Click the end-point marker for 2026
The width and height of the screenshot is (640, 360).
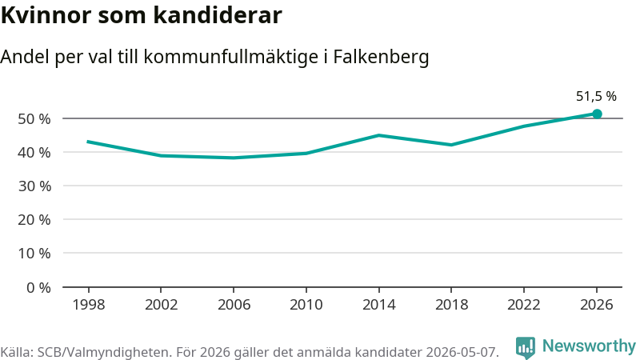click(597, 114)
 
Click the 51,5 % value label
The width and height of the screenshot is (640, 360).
click(596, 96)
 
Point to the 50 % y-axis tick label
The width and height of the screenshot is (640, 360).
click(34, 118)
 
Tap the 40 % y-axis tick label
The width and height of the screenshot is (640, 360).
click(34, 153)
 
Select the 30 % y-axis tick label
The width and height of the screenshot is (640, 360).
click(34, 186)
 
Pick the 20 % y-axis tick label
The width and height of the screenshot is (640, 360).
click(34, 220)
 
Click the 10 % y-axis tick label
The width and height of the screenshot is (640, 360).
click(34, 254)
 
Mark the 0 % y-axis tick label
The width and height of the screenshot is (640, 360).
click(38, 288)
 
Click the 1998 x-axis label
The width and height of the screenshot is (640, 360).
click(89, 305)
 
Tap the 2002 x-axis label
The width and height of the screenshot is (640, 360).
click(162, 305)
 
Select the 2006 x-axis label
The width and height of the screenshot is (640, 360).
click(234, 305)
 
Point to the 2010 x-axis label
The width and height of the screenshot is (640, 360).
click(306, 305)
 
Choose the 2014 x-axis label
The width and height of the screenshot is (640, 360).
click(378, 305)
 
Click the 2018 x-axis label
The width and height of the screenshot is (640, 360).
click(451, 305)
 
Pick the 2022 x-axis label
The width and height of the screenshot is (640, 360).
click(524, 305)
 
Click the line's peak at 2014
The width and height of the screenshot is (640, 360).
click(378, 135)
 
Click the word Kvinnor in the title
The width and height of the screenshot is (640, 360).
click(46, 15)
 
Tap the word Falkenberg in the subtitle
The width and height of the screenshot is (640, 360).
click(382, 57)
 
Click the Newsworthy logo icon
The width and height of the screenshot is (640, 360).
click(526, 347)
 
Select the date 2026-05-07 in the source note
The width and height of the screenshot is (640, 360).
click(462, 352)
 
